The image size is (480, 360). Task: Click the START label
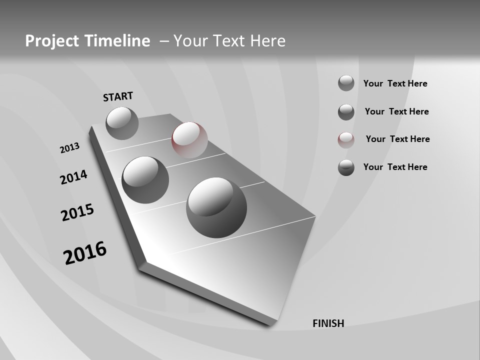click(118, 96)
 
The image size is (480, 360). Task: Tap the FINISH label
click(328, 323)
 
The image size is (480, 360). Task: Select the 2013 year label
click(69, 148)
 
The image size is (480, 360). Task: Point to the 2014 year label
click(73, 177)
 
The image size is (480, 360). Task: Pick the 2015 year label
click(77, 213)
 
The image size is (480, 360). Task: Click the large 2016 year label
click(85, 253)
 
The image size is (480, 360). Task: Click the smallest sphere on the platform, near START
click(122, 123)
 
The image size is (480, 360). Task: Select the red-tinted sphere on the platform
click(189, 140)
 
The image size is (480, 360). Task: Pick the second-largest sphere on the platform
click(145, 180)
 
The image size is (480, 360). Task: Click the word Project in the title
click(52, 41)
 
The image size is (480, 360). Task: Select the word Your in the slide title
click(189, 41)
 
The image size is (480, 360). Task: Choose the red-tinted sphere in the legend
click(346, 140)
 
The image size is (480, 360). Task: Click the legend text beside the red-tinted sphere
click(397, 139)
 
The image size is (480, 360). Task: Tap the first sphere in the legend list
click(346, 83)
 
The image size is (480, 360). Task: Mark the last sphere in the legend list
click(346, 167)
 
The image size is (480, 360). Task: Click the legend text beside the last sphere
click(395, 167)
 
